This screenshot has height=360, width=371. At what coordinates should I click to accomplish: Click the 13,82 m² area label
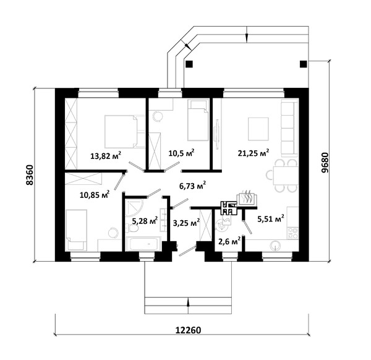(x=106, y=155)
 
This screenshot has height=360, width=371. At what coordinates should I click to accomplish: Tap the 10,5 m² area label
(x=181, y=153)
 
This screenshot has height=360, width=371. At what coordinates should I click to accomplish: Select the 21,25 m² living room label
(x=254, y=153)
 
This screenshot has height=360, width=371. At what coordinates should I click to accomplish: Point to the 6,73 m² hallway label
(x=192, y=186)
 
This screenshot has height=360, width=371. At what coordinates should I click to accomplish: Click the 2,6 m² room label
(x=229, y=241)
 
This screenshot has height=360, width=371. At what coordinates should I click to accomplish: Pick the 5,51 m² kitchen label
(x=271, y=219)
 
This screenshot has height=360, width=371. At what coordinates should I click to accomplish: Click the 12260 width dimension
(x=188, y=330)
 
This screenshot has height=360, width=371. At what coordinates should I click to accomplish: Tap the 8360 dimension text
(x=30, y=175)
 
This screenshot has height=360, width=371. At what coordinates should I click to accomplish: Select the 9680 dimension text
(x=325, y=163)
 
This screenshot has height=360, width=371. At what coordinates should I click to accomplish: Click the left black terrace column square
(x=189, y=64)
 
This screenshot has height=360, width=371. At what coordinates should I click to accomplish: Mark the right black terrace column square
(x=304, y=64)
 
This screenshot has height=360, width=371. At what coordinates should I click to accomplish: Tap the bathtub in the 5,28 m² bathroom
(x=143, y=244)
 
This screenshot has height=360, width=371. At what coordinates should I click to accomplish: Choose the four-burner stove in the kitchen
(x=292, y=233)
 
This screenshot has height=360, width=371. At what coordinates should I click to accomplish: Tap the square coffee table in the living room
(x=258, y=129)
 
